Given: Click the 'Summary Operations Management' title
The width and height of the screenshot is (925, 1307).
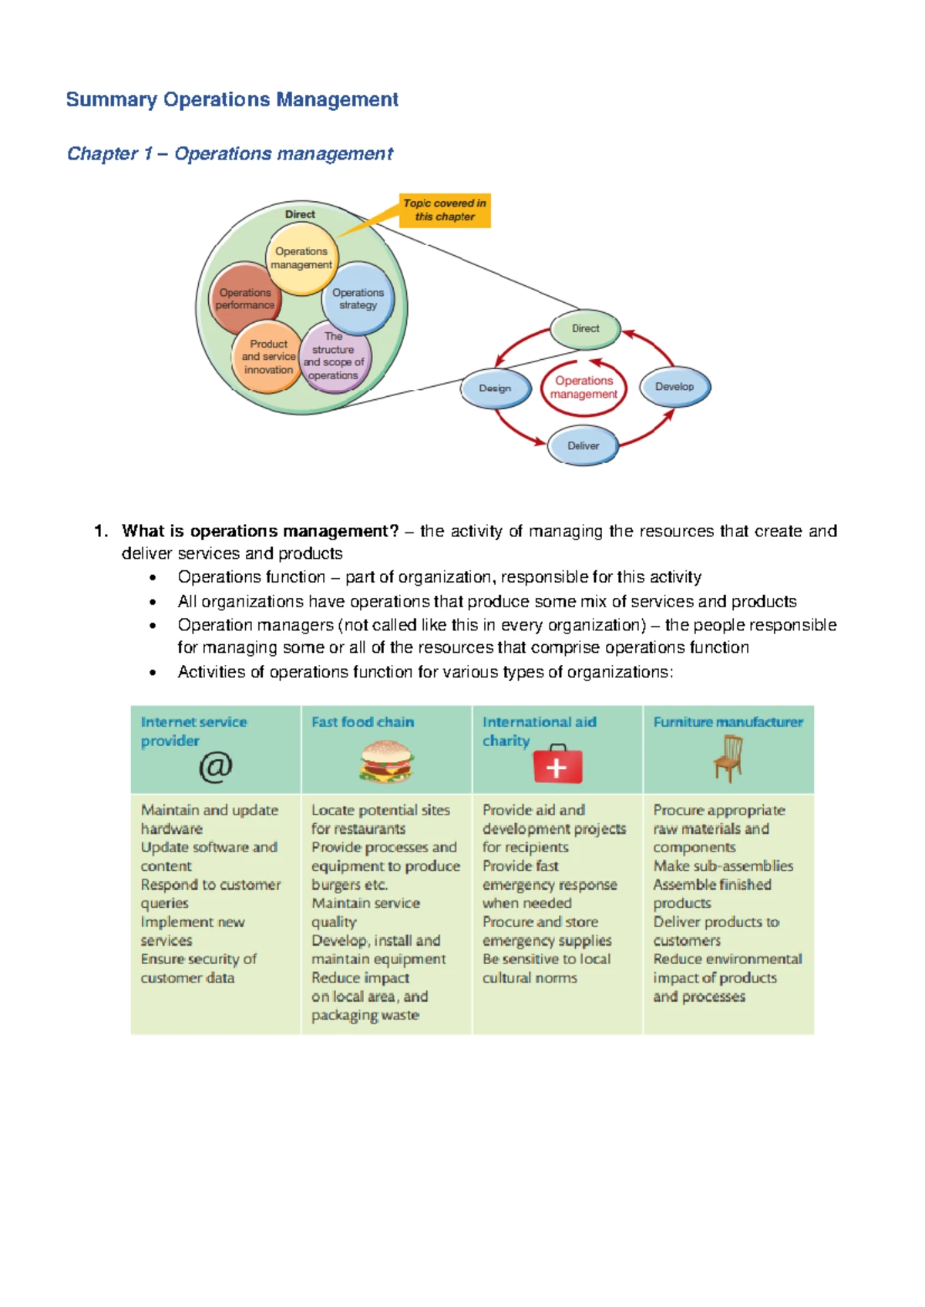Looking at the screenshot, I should tap(232, 99).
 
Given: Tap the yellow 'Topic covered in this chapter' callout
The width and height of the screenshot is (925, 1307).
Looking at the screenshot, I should tap(445, 210).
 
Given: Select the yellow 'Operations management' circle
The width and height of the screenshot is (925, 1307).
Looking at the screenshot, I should tap(301, 258).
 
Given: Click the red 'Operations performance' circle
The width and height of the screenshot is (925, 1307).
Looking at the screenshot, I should tap(244, 299).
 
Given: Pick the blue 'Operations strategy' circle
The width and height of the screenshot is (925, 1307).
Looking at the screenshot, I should tap(358, 298).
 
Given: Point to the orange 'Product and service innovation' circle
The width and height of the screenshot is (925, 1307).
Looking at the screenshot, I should tap(267, 357).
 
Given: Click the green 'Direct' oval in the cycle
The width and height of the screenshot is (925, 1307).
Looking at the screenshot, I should tap(586, 329).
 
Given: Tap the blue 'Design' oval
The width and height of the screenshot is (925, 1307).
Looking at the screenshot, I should tap(496, 388).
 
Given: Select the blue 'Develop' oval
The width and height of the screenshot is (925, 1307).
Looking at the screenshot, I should tap(674, 387).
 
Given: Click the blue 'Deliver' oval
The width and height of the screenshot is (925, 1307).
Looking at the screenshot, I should tap(584, 446).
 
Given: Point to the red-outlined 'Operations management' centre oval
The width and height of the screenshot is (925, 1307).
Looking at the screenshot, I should tap(584, 388).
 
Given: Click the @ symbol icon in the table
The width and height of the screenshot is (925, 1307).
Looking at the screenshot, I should tap(216, 766).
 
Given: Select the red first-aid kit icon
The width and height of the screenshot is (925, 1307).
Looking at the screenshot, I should tap(557, 764).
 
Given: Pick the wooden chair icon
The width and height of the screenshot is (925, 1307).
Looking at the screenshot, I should tap(728, 758).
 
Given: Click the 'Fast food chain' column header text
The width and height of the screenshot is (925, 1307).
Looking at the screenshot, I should tap(363, 722).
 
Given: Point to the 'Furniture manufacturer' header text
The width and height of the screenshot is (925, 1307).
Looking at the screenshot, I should tap(728, 722).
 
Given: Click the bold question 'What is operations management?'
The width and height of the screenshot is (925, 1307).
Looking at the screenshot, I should tap(261, 531).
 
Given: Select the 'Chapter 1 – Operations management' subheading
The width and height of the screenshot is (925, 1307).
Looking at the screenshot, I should tap(230, 154).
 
